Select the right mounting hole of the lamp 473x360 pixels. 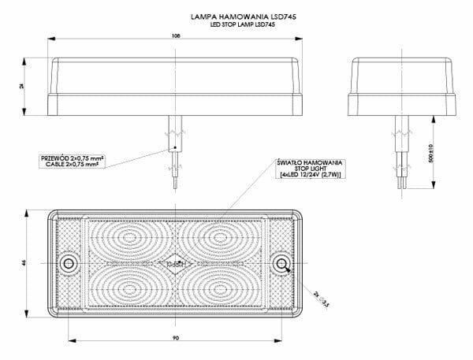[281, 263]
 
